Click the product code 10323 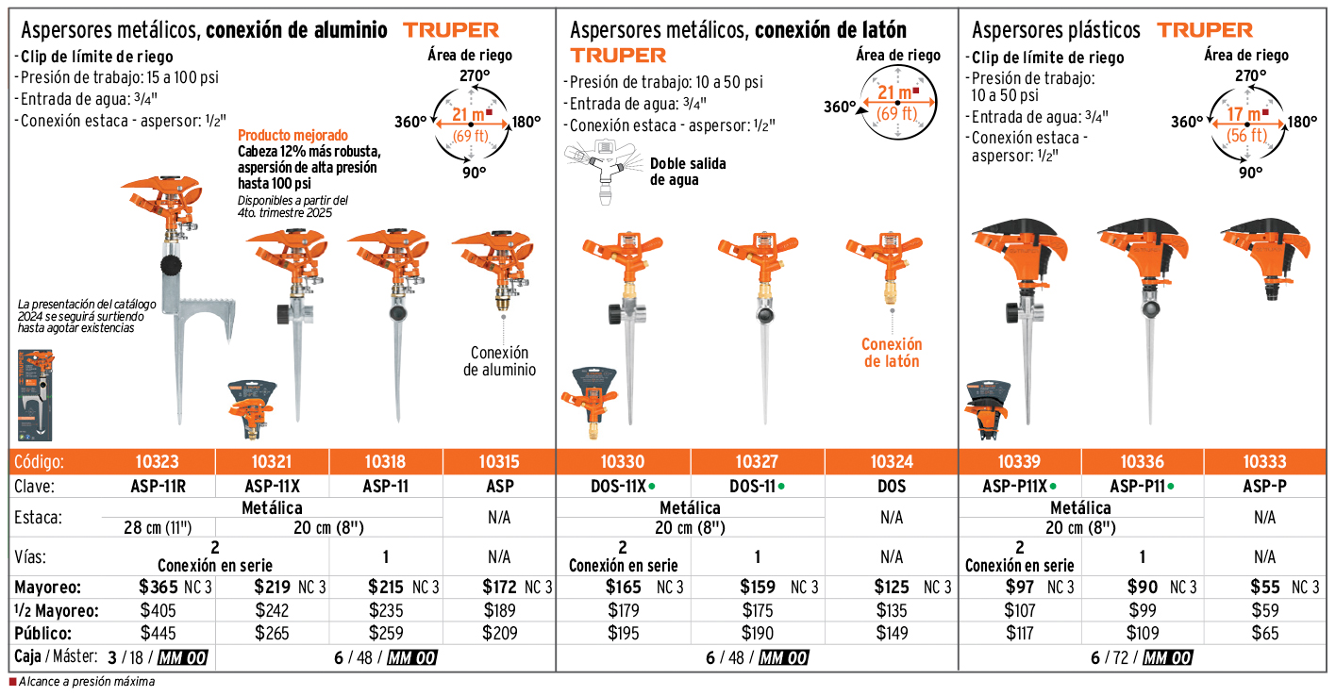(158, 462)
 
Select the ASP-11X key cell (273, 487)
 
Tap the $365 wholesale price (158, 588)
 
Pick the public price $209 (499, 634)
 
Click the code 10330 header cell (623, 462)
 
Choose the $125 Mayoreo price (892, 588)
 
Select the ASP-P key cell (1264, 487)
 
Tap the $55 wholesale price (1265, 588)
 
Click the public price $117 (1019, 634)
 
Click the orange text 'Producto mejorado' (292, 135)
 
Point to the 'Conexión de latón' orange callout (891, 353)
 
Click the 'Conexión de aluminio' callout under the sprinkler (499, 361)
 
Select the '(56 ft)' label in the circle (1247, 136)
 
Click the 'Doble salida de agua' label (688, 172)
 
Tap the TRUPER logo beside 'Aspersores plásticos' (1205, 30)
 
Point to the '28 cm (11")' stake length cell (159, 527)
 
